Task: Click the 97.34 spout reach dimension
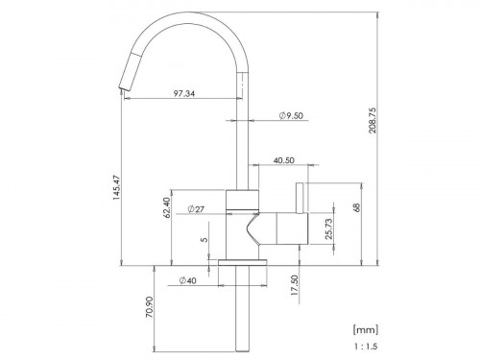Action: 184,94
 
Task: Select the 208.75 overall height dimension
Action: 373,120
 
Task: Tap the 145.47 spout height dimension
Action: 116,187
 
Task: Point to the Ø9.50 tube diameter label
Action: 291,116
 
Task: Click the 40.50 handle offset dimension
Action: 284,160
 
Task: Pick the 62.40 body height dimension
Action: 166,207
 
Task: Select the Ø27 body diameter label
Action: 196,209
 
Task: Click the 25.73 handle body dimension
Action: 328,229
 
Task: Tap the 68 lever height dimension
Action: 357,207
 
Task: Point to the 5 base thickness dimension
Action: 204,239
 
